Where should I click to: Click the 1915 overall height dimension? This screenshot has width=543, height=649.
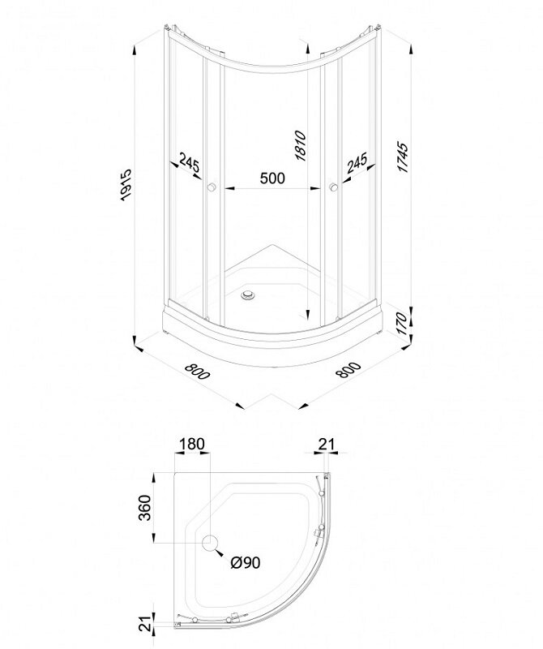(125, 185)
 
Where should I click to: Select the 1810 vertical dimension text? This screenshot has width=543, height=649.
(300, 146)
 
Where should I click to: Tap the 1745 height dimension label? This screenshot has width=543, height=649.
(403, 157)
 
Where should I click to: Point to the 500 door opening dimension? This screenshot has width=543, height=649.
(272, 178)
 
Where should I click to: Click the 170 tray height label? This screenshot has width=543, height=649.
(401, 324)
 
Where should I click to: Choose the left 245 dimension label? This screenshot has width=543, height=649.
(190, 164)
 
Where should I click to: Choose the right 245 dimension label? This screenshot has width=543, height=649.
(357, 163)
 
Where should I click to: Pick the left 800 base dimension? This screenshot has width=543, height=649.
(198, 371)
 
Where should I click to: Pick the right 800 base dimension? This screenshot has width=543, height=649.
(348, 370)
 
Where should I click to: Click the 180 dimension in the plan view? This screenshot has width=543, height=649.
(191, 444)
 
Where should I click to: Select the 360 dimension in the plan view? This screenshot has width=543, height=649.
(145, 508)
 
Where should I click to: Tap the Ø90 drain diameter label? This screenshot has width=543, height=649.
(246, 562)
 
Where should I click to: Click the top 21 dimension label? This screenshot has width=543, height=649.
(327, 444)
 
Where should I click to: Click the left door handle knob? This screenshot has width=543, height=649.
(212, 187)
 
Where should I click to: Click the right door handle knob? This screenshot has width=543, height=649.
(333, 187)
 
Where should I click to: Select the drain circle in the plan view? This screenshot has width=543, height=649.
(210, 543)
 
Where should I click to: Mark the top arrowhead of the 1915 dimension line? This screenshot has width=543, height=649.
(135, 51)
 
